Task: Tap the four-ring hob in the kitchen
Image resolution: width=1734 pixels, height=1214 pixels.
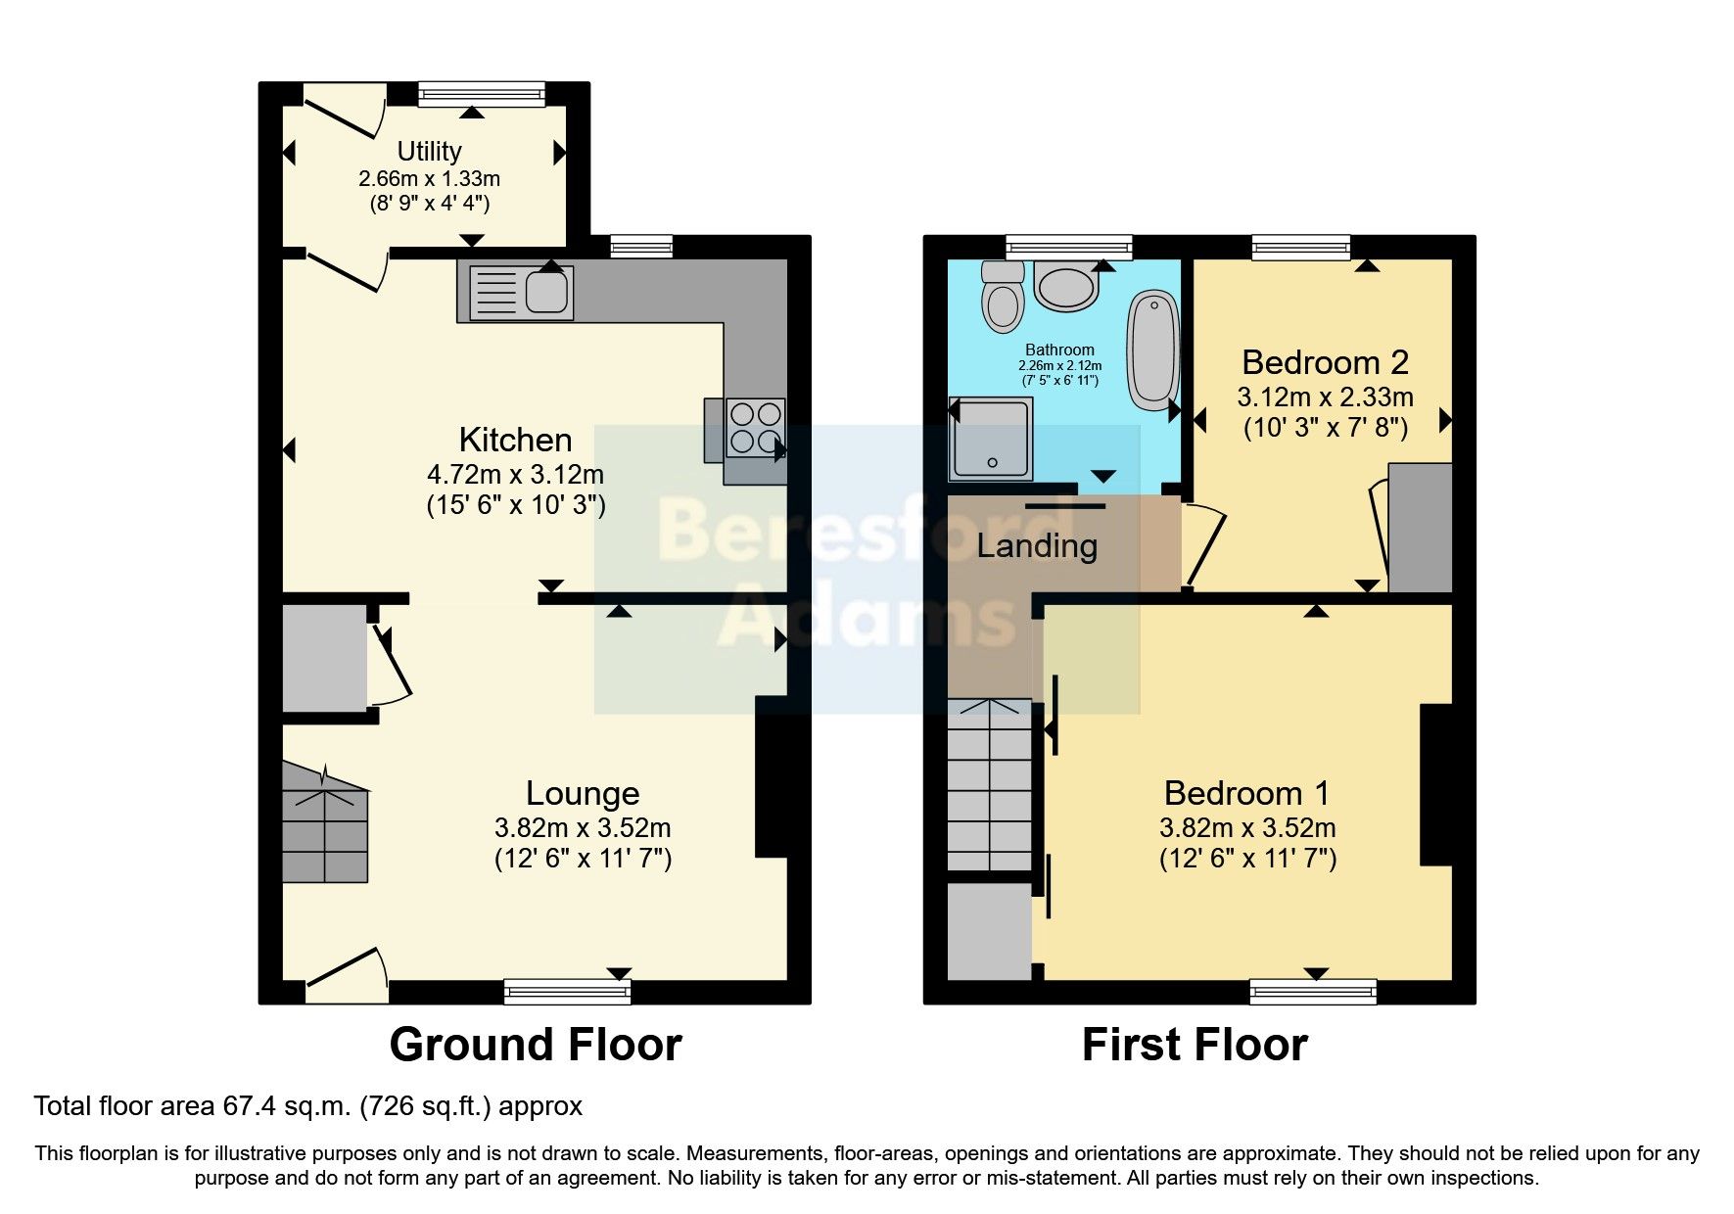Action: click(756, 428)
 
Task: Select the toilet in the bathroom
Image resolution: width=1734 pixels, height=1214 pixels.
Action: click(1003, 297)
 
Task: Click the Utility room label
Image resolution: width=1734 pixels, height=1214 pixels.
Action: click(429, 151)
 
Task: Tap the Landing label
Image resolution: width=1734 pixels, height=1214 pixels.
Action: click(1037, 545)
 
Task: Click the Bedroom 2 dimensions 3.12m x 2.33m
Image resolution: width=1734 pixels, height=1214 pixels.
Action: click(1325, 397)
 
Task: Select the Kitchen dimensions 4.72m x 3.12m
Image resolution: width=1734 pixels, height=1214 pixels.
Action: click(515, 475)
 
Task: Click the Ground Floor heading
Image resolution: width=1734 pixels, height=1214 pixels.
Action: click(536, 1045)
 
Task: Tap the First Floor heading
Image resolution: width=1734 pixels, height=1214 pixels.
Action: click(1195, 1045)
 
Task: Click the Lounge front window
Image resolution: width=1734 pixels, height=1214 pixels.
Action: click(567, 992)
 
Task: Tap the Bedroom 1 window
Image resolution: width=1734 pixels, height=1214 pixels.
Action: click(1313, 992)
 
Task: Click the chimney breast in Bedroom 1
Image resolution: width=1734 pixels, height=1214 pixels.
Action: click(1435, 784)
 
